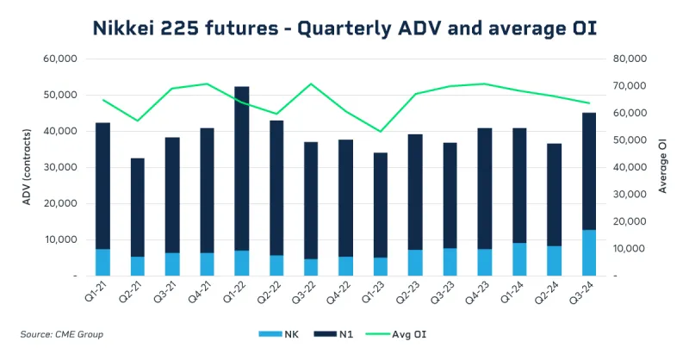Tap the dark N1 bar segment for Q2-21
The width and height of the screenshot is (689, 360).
[x=138, y=207]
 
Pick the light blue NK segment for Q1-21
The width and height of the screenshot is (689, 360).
[x=102, y=262]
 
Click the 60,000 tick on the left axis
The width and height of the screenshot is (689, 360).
[x=60, y=59]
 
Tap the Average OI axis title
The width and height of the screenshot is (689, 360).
[x=662, y=168]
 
